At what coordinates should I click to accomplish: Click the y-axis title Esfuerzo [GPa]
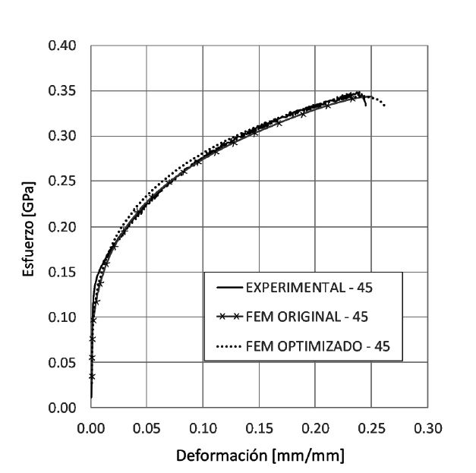point(30,227)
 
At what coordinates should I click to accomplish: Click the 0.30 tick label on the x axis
point(427,428)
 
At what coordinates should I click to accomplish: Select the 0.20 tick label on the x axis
point(315,428)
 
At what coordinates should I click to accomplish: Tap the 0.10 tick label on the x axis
point(203,428)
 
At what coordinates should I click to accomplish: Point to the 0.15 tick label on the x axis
point(259,428)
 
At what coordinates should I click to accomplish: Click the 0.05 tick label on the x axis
point(147,428)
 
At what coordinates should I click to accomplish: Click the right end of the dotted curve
point(385,106)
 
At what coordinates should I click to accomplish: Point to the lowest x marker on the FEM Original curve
point(92,376)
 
